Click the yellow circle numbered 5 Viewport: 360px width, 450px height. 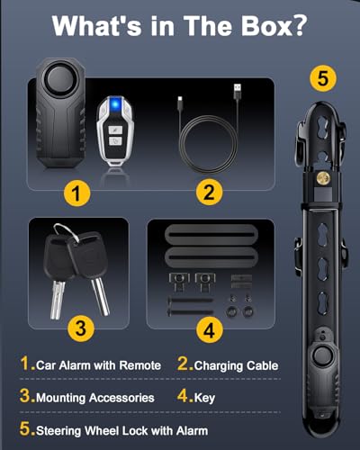tap(323, 78)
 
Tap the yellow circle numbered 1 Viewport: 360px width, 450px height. tap(76, 193)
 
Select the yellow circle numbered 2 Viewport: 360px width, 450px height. tap(209, 193)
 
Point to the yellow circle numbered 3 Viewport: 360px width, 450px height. tap(81, 328)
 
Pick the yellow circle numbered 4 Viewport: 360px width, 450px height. tap(210, 330)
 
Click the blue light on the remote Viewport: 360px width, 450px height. tap(115, 104)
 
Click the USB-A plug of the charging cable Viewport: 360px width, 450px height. tap(238, 91)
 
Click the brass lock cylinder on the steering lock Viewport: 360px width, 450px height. tap(323, 178)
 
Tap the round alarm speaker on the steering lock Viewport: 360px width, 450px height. tap(322, 355)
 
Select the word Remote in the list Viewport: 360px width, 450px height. tap(140, 365)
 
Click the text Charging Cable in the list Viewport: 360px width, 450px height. tap(236, 366)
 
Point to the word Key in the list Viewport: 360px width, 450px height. tap(204, 398)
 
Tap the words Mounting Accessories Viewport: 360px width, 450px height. tap(95, 398)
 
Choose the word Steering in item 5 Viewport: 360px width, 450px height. tap(58, 431)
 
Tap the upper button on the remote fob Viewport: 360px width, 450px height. tap(115, 130)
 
